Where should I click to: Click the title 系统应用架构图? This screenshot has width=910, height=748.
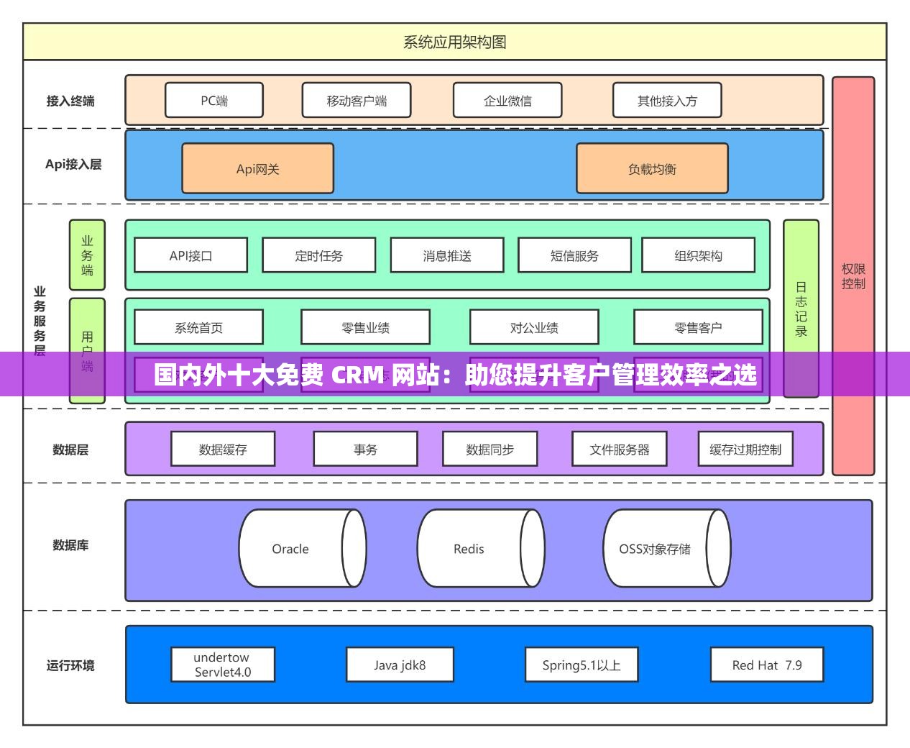pos(454,42)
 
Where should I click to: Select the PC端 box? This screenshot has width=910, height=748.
pos(214,101)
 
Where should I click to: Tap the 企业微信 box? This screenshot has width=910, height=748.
pos(507,101)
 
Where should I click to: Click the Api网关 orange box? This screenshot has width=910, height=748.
pos(257,169)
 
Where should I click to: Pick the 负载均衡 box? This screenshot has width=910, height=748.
pos(652,169)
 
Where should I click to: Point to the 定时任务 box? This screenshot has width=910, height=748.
pos(318,255)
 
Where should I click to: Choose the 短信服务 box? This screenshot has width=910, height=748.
pos(574,255)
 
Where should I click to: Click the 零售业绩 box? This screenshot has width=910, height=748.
pos(365,327)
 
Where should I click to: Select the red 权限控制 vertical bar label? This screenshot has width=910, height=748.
pos(853,276)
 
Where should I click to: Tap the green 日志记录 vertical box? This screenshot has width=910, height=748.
pos(801,309)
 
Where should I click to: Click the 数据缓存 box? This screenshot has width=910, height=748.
pos(223,450)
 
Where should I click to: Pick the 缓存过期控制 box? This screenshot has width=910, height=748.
pos(745,450)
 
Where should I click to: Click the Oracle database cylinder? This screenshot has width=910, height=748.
pos(290,549)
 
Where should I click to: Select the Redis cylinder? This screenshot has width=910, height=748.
pos(469,549)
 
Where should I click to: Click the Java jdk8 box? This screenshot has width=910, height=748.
pos(400,665)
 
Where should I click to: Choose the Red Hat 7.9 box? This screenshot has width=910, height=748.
pos(766,665)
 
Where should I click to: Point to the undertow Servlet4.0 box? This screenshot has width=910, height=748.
pos(223,665)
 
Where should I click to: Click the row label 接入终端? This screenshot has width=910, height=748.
pos(70,101)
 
